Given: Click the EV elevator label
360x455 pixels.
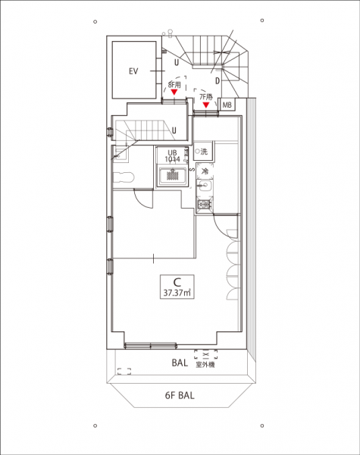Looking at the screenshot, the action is click(133, 71).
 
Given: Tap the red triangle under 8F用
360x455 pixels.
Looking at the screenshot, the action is click(174, 93).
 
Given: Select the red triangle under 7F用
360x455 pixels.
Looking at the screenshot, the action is click(206, 105).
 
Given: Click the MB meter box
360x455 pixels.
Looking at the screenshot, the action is click(227, 105).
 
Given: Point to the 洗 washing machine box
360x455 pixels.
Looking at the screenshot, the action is click(203, 151).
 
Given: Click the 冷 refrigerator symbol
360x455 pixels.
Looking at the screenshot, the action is click(205, 171).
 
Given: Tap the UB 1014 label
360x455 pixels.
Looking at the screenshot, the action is click(172, 156).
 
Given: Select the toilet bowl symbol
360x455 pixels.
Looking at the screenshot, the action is click(124, 177).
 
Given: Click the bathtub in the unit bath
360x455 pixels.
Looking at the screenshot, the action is click(173, 176).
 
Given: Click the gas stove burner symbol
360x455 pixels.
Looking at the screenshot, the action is click(205, 205).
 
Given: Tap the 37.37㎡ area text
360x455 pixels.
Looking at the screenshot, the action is click(177, 293).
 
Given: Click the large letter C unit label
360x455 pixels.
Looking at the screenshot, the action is click(177, 282).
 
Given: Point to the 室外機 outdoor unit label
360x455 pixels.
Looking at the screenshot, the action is click(205, 365).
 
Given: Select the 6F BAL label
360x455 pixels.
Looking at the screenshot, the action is click(180, 395).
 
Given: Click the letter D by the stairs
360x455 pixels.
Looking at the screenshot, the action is click(218, 81).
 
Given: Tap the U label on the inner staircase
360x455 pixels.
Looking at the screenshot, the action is click(174, 130).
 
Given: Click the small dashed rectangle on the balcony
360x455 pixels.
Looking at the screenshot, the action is click(124, 371).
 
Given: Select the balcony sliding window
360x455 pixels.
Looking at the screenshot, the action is click(151, 345).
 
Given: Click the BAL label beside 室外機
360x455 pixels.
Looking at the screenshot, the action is click(180, 362).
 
